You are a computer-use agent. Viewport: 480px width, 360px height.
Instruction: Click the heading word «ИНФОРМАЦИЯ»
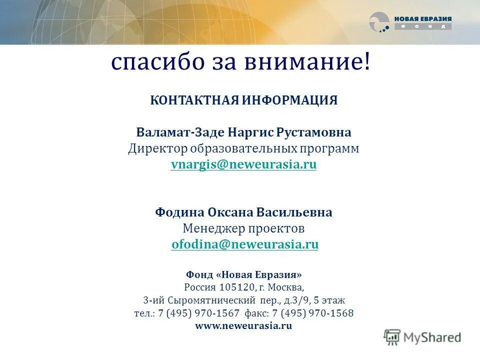290,100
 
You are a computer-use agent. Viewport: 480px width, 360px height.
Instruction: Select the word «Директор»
158,149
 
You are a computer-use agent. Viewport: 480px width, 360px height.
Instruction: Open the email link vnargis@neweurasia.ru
243,165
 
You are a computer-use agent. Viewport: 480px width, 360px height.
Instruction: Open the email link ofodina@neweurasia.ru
245,244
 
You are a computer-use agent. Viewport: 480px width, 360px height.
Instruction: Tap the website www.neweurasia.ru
243,326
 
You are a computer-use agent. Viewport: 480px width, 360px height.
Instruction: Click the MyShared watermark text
432,337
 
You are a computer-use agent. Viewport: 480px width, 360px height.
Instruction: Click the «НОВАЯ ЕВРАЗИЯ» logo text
422,19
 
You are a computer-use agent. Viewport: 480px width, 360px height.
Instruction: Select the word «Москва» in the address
285,287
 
